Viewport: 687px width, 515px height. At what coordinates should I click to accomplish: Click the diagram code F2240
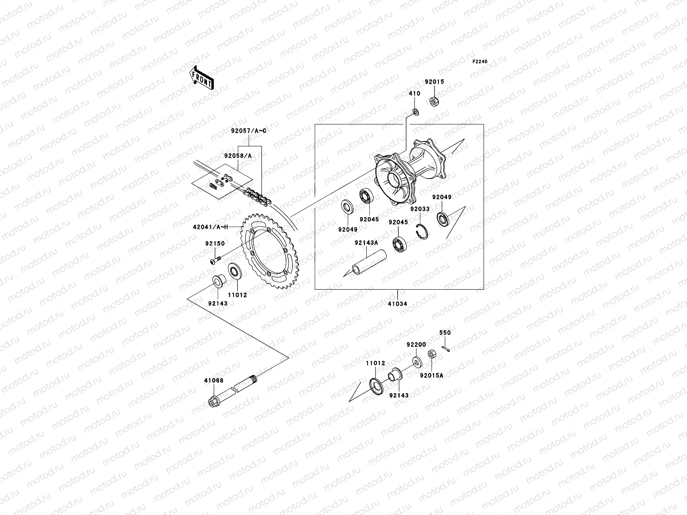pos(480,62)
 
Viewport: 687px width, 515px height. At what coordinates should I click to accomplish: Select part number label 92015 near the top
pos(435,82)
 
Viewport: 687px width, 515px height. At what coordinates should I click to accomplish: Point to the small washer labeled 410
pos(415,112)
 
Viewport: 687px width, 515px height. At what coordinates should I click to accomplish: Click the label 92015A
pos(432,375)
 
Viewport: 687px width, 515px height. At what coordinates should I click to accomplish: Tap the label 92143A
pos(366,242)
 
